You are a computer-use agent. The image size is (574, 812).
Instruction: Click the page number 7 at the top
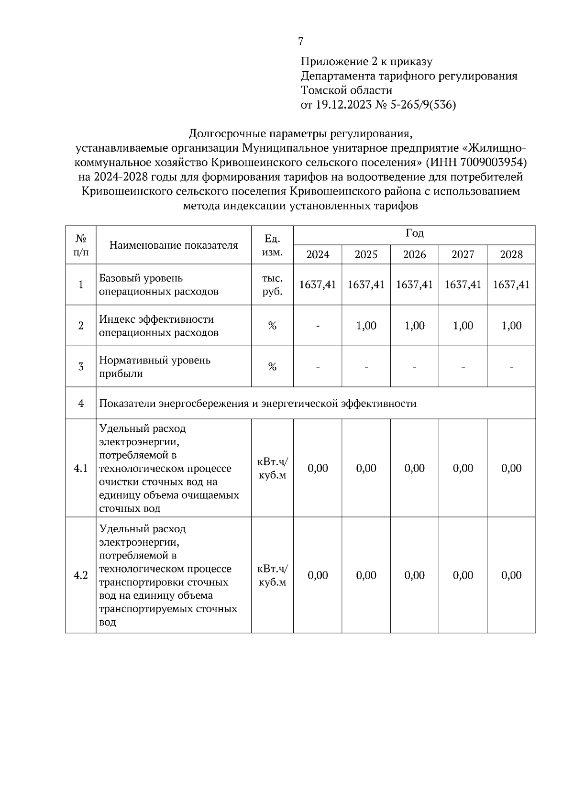click(x=300, y=42)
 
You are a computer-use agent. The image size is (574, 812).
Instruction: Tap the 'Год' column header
click(x=414, y=234)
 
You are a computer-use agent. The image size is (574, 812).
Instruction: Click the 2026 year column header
click(x=414, y=254)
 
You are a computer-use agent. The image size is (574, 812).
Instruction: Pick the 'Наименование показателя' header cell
click(x=174, y=245)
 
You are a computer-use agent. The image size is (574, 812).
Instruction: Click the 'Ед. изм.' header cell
click(x=272, y=245)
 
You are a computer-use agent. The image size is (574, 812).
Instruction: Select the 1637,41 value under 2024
click(x=318, y=285)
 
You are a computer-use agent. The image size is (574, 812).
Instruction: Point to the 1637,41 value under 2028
click(x=511, y=285)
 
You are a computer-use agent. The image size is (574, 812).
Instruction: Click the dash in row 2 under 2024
click(x=318, y=326)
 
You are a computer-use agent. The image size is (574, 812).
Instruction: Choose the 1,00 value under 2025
click(x=366, y=326)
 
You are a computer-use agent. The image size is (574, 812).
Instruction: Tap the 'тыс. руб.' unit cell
click(x=272, y=285)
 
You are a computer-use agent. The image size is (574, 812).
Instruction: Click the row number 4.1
click(x=80, y=469)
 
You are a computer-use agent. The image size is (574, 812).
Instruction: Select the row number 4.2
click(x=80, y=575)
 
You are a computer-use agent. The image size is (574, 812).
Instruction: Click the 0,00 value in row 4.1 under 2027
click(x=463, y=469)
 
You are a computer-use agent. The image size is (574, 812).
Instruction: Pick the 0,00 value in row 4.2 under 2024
click(x=318, y=575)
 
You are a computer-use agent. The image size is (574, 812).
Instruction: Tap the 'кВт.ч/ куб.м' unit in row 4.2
click(x=272, y=575)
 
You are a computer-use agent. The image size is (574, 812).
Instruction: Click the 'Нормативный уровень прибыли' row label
click(x=155, y=367)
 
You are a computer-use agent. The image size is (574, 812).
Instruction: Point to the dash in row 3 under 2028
click(x=511, y=367)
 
